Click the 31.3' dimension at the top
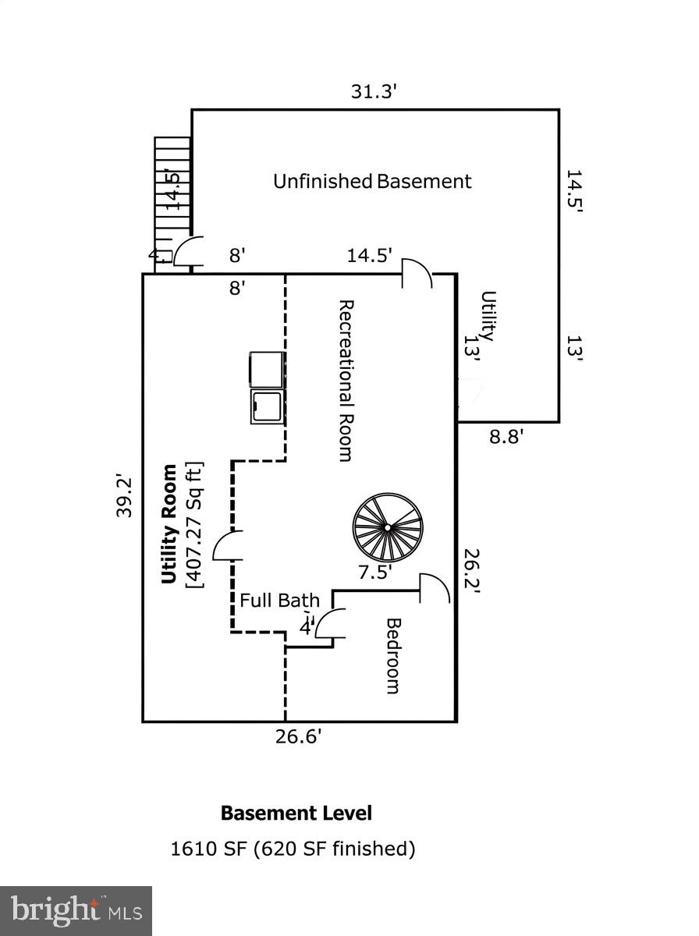(x=374, y=92)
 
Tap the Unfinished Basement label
(x=372, y=182)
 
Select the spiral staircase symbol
(x=388, y=527)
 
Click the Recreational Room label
(x=346, y=380)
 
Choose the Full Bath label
(x=279, y=601)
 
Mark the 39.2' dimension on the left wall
(x=125, y=496)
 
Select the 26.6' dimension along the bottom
(x=298, y=736)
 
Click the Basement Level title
(x=296, y=814)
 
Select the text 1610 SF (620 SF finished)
(x=293, y=849)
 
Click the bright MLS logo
(x=76, y=910)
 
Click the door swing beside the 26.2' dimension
(x=435, y=589)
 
